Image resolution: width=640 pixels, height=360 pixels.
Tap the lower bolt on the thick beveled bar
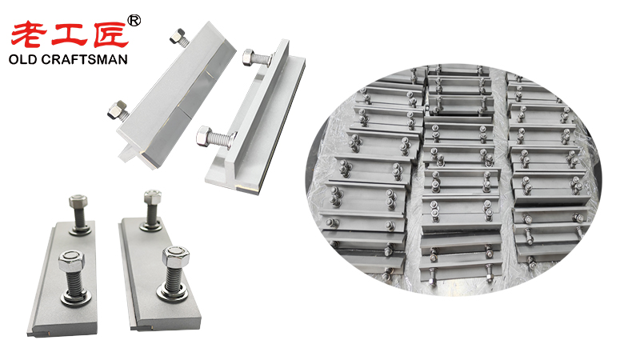pos(118,110)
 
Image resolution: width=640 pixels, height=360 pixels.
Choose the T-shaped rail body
pos(256,120)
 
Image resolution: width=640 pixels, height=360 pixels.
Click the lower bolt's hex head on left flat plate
pos(70,260)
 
